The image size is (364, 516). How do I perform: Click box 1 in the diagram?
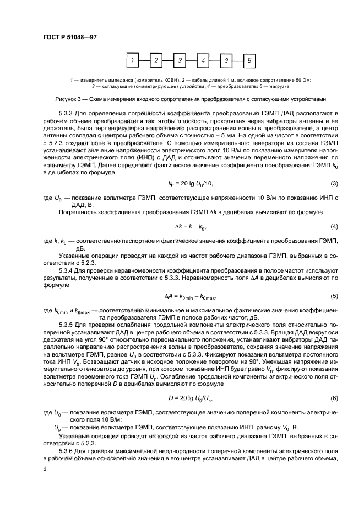click(x=132, y=60)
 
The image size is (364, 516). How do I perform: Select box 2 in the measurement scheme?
click(x=156, y=60)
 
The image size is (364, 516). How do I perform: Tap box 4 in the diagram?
click(x=203, y=60)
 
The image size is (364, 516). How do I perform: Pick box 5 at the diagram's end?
click(x=249, y=60)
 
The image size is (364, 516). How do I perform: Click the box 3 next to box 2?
click(x=179, y=60)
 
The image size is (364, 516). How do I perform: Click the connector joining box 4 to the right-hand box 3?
click(x=214, y=60)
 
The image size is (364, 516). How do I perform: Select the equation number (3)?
click(x=333, y=183)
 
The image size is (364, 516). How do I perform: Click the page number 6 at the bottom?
click(x=44, y=468)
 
